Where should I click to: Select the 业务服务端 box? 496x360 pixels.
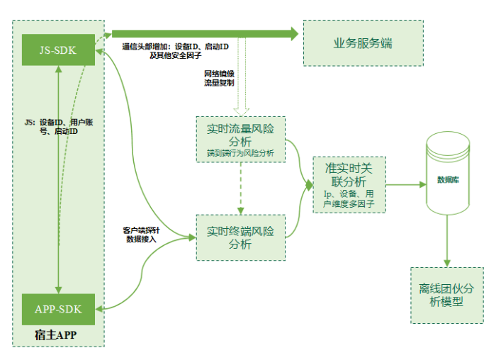(362, 44)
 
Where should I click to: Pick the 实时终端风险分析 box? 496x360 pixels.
(240, 237)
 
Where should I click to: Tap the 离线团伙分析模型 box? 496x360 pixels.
(447, 295)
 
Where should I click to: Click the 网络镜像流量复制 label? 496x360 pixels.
(219, 77)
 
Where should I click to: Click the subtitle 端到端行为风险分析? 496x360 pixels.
(240, 152)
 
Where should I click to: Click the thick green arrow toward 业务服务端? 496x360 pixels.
(205, 33)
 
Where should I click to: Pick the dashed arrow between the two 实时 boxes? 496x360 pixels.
(241, 189)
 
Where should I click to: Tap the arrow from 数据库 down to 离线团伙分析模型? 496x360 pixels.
(447, 241)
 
